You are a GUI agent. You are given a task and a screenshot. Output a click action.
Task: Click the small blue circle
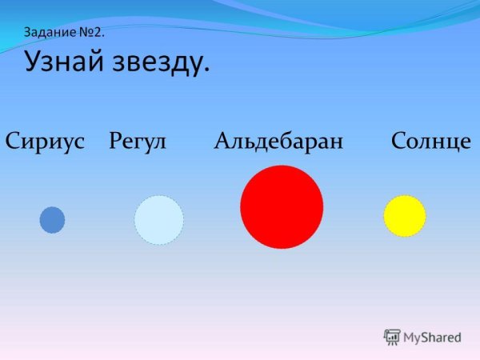pos(52,219)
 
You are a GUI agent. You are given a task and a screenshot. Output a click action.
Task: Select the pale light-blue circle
pos(158,220)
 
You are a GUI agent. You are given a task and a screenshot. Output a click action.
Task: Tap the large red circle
pos(282,207)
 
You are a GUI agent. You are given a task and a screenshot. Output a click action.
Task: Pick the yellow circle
pos(404,216)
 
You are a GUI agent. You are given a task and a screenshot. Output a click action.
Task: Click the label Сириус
pos(45,142)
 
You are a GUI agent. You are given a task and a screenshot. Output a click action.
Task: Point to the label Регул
pos(137,142)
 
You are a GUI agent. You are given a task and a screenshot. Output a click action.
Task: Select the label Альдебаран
pos(278,142)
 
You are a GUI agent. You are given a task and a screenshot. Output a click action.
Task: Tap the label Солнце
pos(431,142)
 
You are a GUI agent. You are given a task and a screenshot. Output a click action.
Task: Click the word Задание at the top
pos(49,33)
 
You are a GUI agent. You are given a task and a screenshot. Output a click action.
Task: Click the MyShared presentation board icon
pos(392,337)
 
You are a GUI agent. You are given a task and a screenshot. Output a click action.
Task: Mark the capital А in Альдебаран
pos(222,142)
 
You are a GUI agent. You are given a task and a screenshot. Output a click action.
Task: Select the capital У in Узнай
pos(34,62)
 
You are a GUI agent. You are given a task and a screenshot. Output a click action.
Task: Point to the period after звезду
pos(206,70)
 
